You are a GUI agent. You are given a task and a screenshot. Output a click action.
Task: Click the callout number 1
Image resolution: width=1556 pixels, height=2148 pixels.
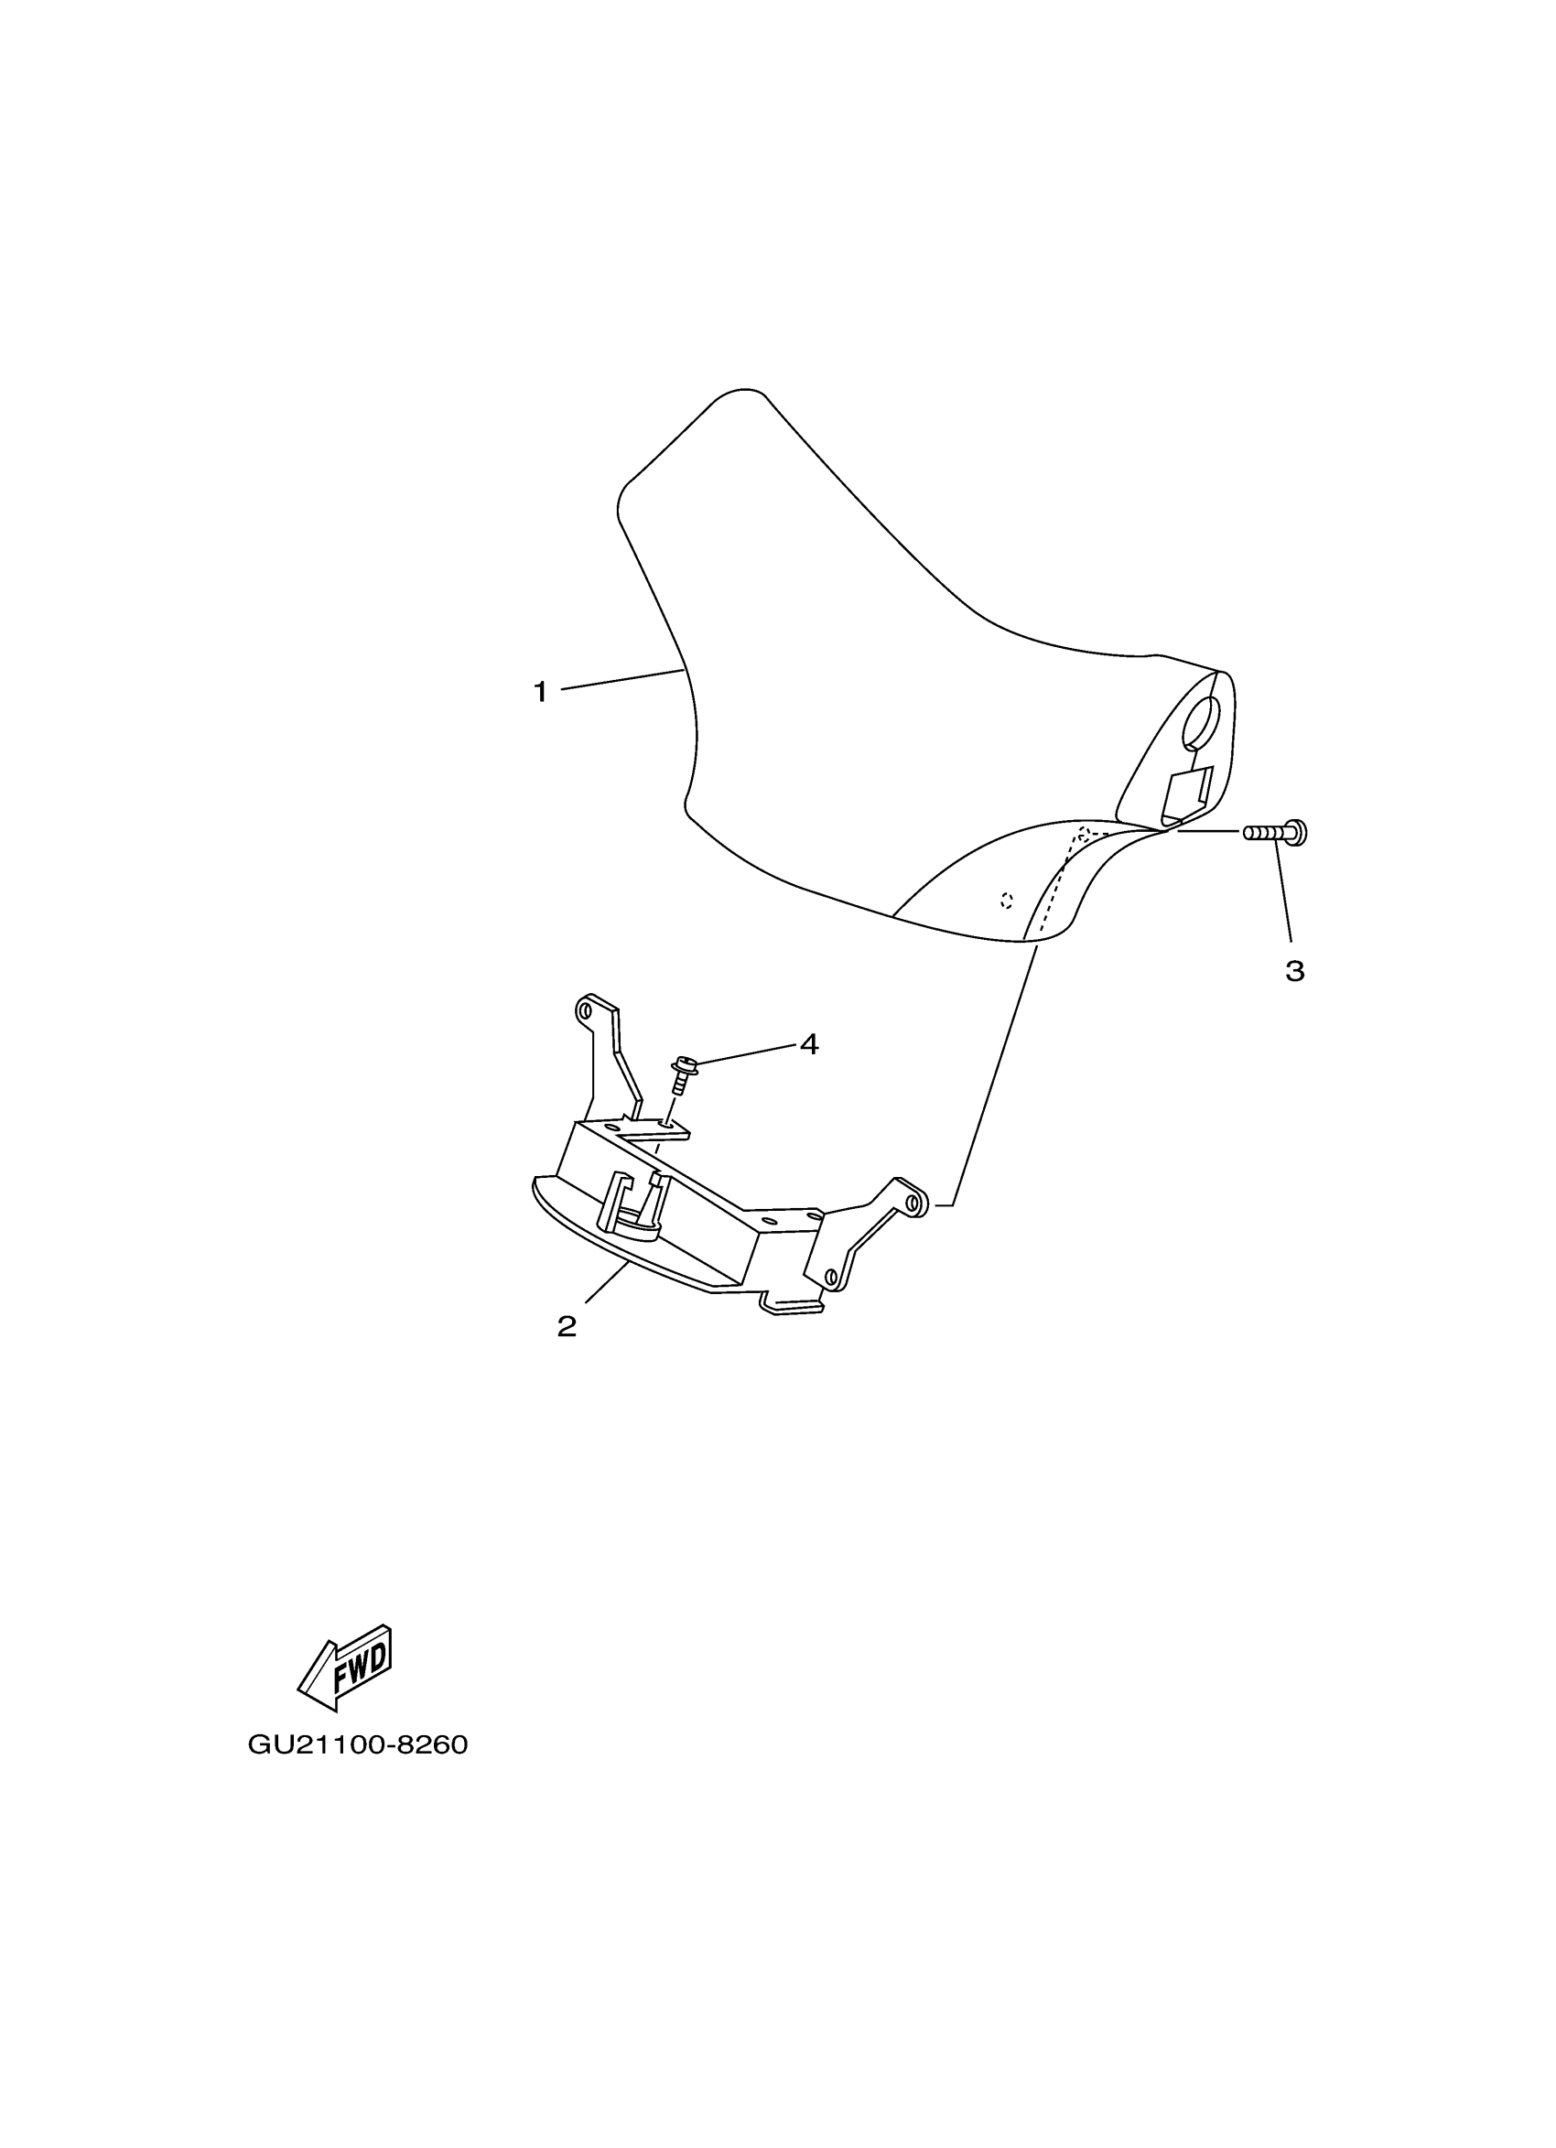click(x=540, y=692)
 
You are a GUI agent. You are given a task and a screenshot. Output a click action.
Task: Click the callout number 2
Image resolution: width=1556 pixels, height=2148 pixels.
click(x=567, y=1327)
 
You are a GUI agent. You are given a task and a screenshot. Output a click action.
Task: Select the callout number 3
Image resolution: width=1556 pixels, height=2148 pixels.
click(x=1294, y=971)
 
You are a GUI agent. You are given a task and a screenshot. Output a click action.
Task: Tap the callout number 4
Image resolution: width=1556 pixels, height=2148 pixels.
click(x=808, y=1044)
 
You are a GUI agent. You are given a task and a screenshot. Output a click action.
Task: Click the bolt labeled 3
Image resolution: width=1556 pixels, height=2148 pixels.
click(x=1275, y=833)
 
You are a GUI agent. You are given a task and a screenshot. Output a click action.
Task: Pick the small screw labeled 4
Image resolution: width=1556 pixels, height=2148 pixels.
click(x=681, y=1074)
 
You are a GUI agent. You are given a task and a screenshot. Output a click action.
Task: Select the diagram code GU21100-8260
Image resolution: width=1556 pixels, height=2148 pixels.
click(x=358, y=1744)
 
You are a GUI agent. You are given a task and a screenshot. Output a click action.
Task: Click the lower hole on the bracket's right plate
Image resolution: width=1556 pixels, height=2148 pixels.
click(x=831, y=1278)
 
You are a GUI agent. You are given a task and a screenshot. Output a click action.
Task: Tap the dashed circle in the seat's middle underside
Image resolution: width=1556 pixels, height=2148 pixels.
click(x=1007, y=900)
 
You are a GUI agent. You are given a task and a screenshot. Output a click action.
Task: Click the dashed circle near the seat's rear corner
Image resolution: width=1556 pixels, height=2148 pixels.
click(x=1084, y=834)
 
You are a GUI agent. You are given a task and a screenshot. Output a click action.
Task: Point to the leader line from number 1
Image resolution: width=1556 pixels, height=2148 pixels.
click(x=621, y=679)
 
